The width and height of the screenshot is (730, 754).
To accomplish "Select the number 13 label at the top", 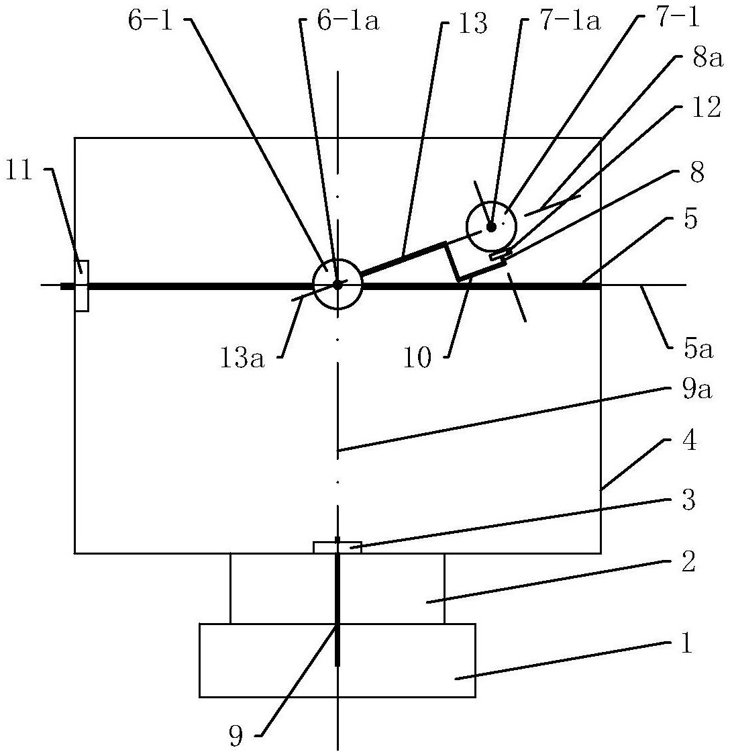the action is [x=473, y=23].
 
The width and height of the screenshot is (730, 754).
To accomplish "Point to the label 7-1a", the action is [x=570, y=22].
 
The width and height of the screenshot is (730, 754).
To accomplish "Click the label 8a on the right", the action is [x=708, y=60].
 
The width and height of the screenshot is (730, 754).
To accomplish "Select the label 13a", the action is [x=242, y=359].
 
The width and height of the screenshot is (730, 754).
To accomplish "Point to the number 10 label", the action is [x=417, y=359].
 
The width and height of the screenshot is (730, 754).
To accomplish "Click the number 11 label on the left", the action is [x=19, y=171].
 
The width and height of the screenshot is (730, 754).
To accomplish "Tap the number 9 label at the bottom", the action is [x=236, y=735].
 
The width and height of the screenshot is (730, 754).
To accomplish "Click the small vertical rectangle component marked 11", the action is [x=81, y=285].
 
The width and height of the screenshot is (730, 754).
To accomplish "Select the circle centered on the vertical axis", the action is [x=337, y=285].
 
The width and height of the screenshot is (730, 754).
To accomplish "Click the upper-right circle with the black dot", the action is [x=491, y=226].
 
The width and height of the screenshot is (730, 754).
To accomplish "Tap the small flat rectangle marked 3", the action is [x=337, y=547].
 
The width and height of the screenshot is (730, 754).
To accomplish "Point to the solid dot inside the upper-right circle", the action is [x=490, y=227].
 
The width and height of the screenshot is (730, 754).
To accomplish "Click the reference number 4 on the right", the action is [x=690, y=440].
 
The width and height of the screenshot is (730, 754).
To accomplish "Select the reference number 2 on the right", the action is [x=688, y=562].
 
